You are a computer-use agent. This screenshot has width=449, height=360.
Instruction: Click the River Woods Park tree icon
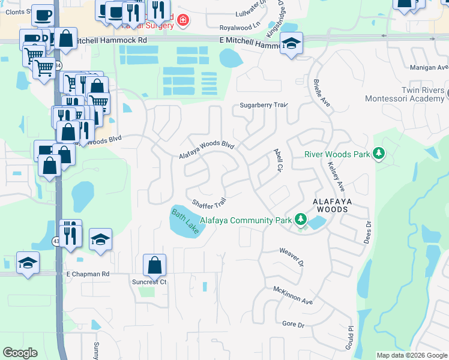click(378, 154)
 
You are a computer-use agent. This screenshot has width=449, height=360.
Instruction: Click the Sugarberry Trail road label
click(264, 105)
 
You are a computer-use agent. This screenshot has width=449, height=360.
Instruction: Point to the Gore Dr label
click(294, 325)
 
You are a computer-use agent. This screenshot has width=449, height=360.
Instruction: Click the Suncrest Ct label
click(149, 281)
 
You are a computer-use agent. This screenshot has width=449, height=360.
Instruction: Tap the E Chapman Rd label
click(88, 274)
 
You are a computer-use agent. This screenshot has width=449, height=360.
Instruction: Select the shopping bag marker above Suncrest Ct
click(154, 264)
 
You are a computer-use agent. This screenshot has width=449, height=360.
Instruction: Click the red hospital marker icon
click(182, 22)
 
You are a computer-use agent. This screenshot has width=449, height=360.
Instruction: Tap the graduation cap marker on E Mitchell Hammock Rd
click(292, 43)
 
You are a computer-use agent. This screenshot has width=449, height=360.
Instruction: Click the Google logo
click(20, 353)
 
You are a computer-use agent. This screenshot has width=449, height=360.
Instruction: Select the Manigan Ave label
click(429, 67)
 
